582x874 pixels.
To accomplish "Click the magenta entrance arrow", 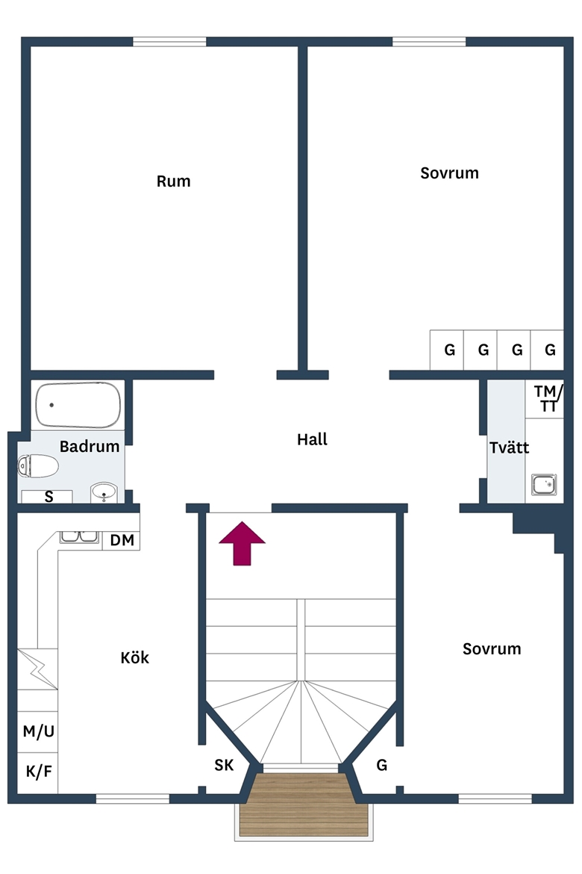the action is point(242,544).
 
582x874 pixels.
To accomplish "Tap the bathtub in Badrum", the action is point(78,405).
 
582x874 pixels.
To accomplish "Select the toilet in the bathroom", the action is point(38,466).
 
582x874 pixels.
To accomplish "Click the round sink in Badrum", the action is point(104,492).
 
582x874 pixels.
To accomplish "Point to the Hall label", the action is point(312,439).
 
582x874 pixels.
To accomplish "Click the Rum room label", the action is point(173,182).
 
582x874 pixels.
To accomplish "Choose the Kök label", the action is point(135,657).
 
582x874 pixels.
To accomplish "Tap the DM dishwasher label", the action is point(122,540).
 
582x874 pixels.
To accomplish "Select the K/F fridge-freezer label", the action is point(39,772).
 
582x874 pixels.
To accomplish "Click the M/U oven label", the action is point(39,731).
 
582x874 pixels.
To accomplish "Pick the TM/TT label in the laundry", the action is point(548,399).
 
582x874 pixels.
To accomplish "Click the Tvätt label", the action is point(509,447).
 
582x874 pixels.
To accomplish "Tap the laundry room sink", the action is point(543,484).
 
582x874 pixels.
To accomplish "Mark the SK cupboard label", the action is point(224,765).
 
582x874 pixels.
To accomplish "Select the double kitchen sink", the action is point(80,537).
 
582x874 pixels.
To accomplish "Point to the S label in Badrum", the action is point(49,497).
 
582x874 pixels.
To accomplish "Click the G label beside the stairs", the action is point(381,765).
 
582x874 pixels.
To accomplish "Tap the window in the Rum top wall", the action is point(169,41).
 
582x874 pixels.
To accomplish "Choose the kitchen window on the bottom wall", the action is point(133,799).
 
